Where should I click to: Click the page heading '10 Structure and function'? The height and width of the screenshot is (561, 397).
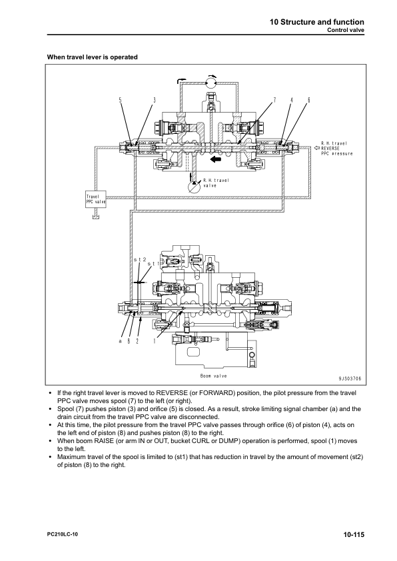click(x=317, y=22)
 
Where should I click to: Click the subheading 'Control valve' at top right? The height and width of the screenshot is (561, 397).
click(x=346, y=30)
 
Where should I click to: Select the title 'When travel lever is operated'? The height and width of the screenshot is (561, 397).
click(x=93, y=57)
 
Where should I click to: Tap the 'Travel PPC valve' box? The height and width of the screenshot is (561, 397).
click(x=95, y=199)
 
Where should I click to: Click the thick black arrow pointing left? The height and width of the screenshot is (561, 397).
click(x=216, y=159)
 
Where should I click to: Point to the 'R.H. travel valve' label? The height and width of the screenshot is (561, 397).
click(x=216, y=183)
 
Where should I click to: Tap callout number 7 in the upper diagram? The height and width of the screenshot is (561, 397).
click(x=274, y=100)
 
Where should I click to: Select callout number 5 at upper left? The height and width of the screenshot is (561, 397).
click(x=121, y=100)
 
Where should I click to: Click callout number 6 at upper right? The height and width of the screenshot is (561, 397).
click(x=308, y=100)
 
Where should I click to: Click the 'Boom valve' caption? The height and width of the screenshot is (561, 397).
click(x=214, y=376)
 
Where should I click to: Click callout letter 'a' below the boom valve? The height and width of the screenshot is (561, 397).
click(x=121, y=341)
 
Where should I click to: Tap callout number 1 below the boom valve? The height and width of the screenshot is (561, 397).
click(x=154, y=341)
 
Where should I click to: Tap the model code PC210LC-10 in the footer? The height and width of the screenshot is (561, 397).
click(x=62, y=534)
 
